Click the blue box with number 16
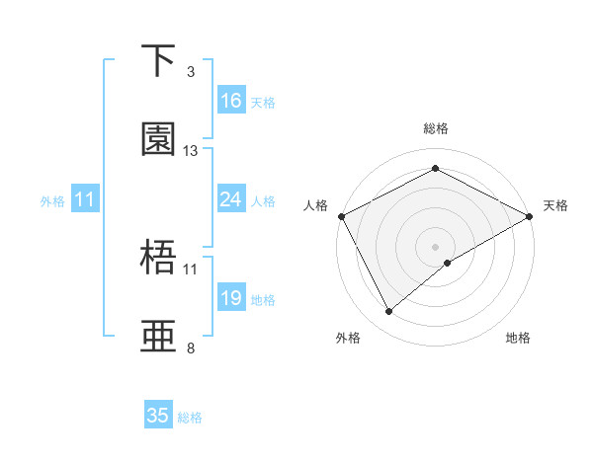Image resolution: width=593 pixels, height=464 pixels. (x=231, y=100)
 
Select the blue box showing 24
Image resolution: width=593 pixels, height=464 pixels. (x=231, y=199)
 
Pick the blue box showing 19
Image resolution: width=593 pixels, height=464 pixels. (x=231, y=298)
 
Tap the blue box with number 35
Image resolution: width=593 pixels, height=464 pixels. (x=158, y=416)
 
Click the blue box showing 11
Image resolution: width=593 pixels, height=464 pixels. (x=85, y=199)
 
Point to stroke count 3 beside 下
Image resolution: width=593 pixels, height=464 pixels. (x=191, y=72)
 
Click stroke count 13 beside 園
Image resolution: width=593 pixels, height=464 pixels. (x=191, y=151)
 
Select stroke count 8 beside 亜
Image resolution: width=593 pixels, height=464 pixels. (x=191, y=348)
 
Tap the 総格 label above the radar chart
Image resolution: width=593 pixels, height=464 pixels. (x=436, y=128)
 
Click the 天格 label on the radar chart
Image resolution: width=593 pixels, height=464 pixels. (x=556, y=205)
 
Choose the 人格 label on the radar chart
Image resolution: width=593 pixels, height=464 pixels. (x=315, y=205)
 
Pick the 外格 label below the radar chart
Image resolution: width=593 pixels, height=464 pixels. (x=348, y=338)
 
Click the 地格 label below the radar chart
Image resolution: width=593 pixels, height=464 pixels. (x=518, y=338)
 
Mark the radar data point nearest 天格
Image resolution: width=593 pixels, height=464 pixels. (x=530, y=216)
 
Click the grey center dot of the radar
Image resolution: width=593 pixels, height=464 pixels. (x=436, y=246)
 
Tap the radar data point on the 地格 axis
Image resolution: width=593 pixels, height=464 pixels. (x=449, y=263)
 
